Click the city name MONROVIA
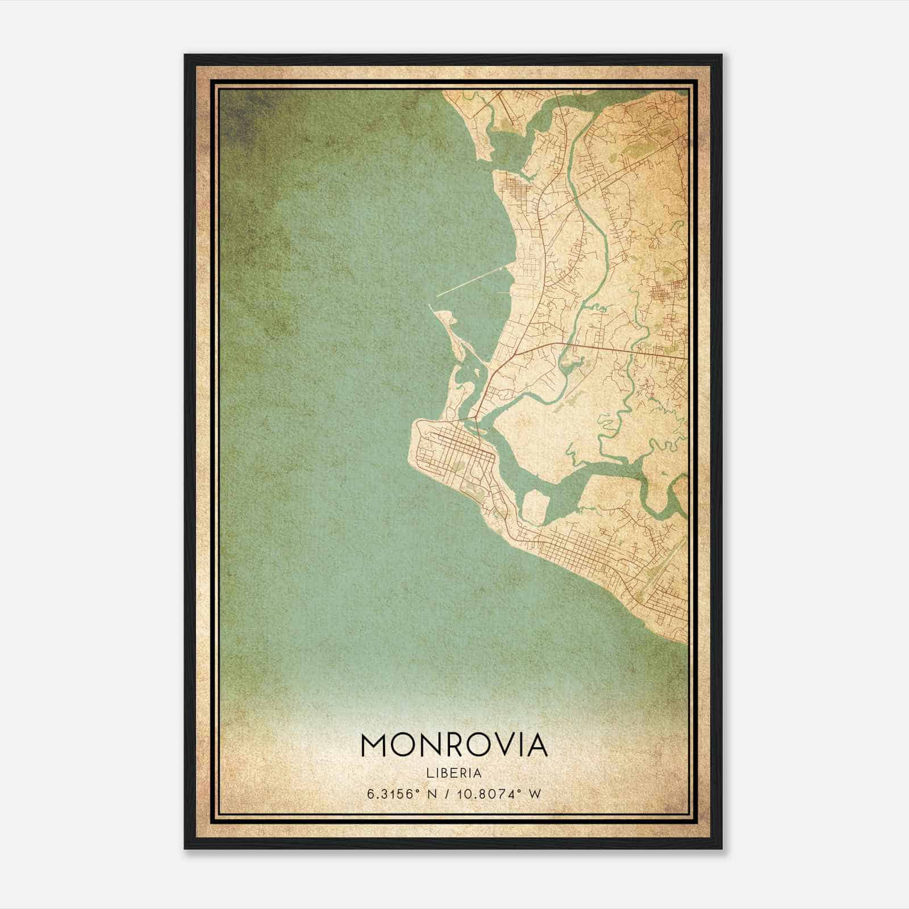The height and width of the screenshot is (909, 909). (453, 745)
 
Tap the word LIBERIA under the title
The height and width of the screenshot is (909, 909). (453, 773)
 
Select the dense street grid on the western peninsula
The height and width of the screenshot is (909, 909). (454, 449)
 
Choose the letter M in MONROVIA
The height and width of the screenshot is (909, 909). (373, 745)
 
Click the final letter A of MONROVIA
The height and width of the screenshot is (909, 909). (536, 745)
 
